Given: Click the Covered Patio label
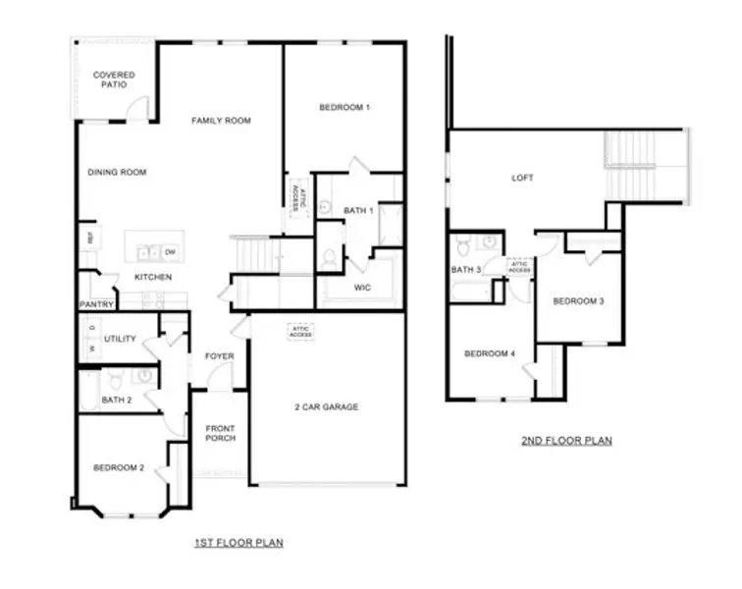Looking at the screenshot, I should click(114, 80).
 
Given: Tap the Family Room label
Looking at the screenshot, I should click(221, 121).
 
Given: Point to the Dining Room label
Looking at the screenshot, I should click(117, 172).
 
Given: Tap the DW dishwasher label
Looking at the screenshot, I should click(170, 252).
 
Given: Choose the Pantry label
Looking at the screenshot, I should click(96, 304).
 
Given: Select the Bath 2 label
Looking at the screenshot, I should click(116, 400).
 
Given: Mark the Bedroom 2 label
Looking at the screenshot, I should click(119, 468).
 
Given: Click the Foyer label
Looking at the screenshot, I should click(218, 356).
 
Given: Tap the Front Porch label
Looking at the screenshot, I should click(219, 433).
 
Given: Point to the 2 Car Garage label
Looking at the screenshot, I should click(326, 406).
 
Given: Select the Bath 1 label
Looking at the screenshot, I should click(357, 210).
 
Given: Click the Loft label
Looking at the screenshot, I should click(522, 179).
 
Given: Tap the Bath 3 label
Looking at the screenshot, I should click(465, 269).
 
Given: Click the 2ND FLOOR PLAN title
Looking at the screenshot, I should click(566, 441).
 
